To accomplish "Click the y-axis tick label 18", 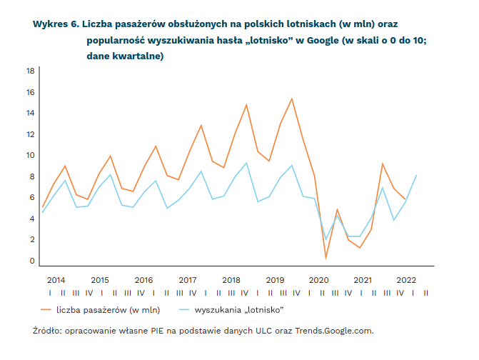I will click(31, 71).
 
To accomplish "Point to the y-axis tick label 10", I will click(31, 155).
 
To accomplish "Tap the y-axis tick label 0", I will click(32, 261).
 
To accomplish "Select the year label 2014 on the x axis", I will click(56, 280).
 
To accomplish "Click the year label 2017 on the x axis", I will click(188, 280).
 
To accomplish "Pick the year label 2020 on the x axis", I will click(318, 280).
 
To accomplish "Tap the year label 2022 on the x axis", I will click(406, 280).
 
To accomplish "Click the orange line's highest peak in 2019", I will click(292, 99).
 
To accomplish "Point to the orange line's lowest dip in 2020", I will click(326, 258).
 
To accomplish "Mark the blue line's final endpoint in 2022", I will click(416, 176).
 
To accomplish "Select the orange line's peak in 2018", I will click(246, 105).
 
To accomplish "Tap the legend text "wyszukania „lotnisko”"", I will click(239, 310).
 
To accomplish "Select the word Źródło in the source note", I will click(47, 331).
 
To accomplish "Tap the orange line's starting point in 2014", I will click(43, 207).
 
